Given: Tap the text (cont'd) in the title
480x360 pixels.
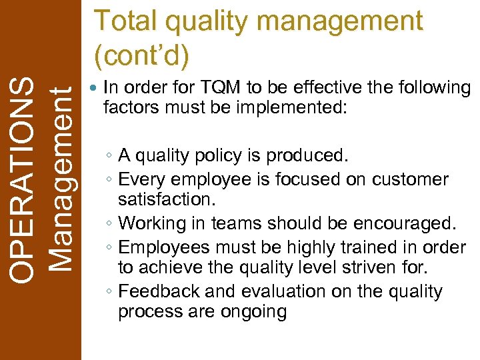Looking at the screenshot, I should click(x=141, y=56).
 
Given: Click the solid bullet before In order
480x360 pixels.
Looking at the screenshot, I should click(x=94, y=88).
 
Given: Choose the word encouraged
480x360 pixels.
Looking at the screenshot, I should click(x=401, y=223).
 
